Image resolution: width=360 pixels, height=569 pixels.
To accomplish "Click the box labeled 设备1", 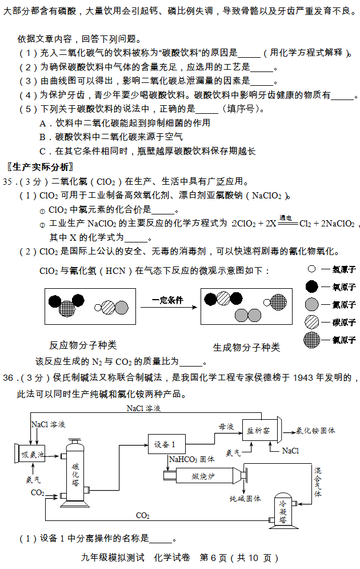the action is (167, 444).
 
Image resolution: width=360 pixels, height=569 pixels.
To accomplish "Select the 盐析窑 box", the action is (258, 431).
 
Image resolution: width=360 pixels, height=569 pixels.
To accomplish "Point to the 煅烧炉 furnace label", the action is (203, 476).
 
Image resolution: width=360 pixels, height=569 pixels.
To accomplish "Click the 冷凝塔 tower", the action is (283, 511).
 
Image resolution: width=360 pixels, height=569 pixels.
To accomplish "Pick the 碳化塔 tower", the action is (75, 473).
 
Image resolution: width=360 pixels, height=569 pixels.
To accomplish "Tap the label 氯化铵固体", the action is (315, 431).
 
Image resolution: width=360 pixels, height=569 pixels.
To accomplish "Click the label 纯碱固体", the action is (245, 499).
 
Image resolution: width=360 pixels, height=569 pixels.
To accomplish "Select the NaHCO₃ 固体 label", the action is (192, 459).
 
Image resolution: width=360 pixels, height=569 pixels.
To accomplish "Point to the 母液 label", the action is (226, 427).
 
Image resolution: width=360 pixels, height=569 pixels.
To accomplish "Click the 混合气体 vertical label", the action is (318, 482).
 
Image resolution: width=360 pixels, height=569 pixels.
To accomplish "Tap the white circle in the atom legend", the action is (311, 269).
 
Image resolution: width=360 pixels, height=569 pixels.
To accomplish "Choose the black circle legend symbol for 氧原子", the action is (311, 287).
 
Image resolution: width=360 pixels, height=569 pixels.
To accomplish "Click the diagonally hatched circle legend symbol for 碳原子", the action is (311, 322).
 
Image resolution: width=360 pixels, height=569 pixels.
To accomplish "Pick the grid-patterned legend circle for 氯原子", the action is (311, 340).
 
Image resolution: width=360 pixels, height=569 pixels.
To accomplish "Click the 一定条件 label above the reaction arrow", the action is (167, 300).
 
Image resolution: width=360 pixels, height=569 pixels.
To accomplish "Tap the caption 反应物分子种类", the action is (83, 345).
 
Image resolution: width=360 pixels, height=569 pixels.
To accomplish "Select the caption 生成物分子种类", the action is (246, 347).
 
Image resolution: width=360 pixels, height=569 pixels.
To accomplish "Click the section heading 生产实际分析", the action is (40, 167).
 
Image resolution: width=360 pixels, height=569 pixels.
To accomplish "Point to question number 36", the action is (9, 377).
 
